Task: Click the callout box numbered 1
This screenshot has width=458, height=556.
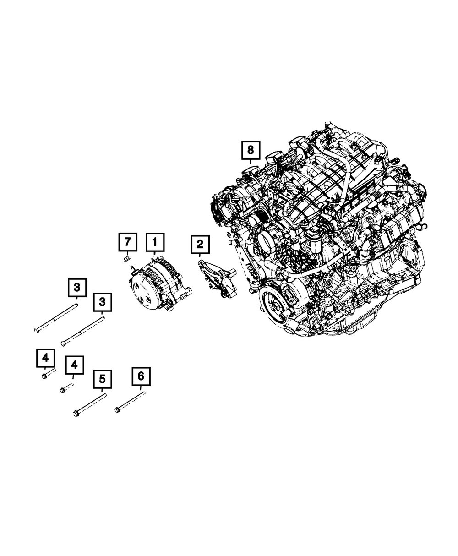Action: pos(155,242)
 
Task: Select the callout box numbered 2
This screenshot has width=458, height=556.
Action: pos(200,244)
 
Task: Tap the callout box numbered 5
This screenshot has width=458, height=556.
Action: pos(103,379)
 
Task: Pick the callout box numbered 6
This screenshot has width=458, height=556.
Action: pos(141,376)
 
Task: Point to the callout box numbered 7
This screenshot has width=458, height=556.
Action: pos(128,242)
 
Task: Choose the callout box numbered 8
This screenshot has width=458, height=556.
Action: pos(251,150)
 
